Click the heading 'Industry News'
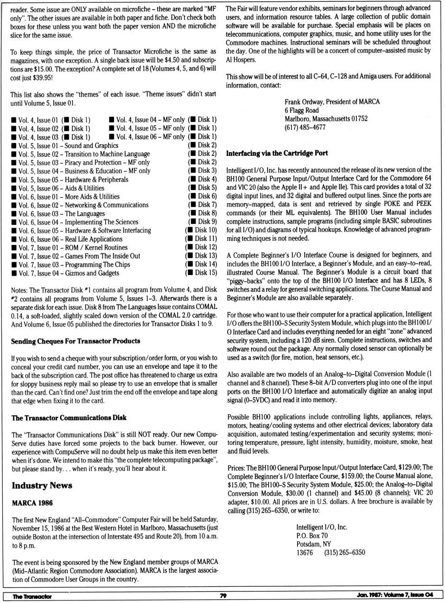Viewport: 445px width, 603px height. (x=42, y=485)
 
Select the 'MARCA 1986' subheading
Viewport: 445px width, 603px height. (x=32, y=503)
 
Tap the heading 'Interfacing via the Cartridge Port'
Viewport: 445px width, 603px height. (x=277, y=153)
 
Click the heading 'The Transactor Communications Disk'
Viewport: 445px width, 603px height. (x=69, y=417)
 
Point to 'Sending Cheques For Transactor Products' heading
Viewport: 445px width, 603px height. (x=76, y=341)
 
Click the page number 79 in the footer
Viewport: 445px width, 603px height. (x=223, y=596)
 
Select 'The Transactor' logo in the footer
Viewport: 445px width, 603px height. (x=32, y=597)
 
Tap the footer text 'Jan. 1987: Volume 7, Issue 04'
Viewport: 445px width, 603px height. (x=394, y=595)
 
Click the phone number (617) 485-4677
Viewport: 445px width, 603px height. (x=305, y=127)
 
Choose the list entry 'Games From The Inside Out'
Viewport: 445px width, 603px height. (x=102, y=256)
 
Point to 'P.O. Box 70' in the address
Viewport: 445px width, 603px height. (x=311, y=535)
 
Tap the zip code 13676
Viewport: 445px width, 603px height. (x=305, y=552)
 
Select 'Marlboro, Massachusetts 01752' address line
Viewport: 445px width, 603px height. (x=325, y=119)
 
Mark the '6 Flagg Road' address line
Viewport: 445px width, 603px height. (x=301, y=110)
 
